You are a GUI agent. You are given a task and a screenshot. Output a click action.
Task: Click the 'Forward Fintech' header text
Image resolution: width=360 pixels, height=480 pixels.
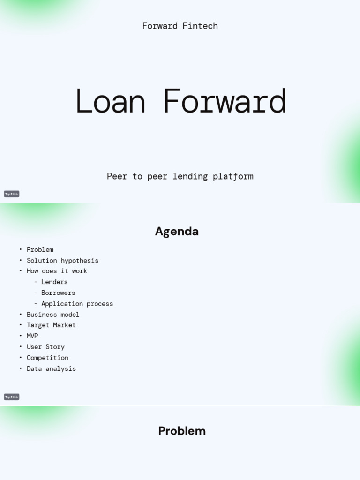180,26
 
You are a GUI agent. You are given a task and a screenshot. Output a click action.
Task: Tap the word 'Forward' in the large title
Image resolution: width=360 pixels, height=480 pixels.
225,101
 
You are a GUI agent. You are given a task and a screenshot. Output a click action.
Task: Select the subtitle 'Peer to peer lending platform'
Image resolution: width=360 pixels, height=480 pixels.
180,176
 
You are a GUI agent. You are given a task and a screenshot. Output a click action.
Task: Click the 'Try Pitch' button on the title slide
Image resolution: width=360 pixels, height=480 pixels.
12,194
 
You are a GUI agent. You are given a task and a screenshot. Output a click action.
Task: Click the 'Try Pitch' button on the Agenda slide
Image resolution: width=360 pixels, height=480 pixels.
12,397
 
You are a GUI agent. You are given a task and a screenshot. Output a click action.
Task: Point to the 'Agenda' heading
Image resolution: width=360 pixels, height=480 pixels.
177,232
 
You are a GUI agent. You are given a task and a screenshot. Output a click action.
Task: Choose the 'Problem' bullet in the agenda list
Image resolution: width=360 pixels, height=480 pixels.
40,250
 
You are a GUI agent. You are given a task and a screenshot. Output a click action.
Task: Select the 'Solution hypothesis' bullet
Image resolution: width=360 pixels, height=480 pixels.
62,261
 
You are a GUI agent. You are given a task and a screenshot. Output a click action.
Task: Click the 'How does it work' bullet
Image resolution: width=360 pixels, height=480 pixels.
57,271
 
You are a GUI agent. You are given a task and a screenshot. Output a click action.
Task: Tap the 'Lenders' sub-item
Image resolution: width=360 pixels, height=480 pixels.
54,282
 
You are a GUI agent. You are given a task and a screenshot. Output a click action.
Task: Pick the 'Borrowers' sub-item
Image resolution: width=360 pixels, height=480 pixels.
58,293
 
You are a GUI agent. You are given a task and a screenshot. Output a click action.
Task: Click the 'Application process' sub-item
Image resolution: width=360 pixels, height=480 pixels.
77,304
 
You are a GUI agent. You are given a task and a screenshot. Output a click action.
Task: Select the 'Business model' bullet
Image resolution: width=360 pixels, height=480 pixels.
53,315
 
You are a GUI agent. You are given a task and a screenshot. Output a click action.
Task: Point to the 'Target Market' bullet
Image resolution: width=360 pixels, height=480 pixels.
51,325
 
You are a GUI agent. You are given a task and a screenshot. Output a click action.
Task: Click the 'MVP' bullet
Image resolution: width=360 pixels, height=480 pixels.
32,336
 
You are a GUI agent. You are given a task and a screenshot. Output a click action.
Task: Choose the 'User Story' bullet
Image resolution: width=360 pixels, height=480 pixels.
45,347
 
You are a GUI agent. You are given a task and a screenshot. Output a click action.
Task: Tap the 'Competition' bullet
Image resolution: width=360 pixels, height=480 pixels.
47,358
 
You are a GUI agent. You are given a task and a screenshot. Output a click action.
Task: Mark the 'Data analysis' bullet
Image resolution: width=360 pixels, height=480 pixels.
51,369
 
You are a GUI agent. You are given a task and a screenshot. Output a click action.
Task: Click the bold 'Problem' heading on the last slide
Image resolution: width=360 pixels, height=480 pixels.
182,431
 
